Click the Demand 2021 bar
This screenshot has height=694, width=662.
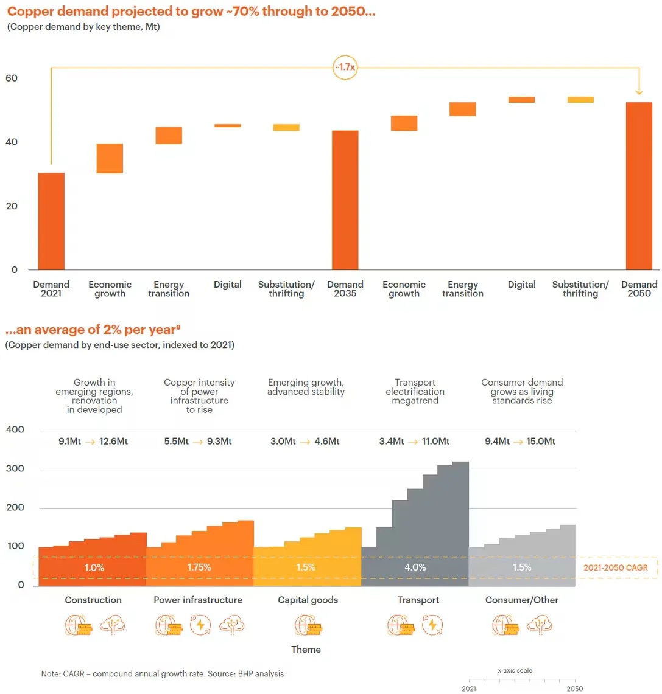[x=51, y=221]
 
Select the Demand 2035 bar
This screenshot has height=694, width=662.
[x=345, y=200]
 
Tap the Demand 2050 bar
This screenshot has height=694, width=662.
[x=639, y=186]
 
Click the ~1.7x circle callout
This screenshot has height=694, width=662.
[x=345, y=68]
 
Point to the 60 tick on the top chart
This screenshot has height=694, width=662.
[x=12, y=78]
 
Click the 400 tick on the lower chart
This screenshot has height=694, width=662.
[x=15, y=429]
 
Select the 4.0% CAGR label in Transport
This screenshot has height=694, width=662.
[x=415, y=567]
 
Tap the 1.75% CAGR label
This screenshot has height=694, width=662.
[x=199, y=567]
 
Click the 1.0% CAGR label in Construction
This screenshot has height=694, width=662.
[x=94, y=567]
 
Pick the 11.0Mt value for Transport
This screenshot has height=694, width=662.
[x=435, y=441]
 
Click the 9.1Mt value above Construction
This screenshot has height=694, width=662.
[x=69, y=441]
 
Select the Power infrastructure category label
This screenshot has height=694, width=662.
[x=198, y=600]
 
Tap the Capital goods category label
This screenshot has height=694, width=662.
[x=308, y=600]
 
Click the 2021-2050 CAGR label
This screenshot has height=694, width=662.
[x=616, y=567]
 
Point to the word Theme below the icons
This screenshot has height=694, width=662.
[x=306, y=650]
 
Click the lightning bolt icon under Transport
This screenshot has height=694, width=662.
[x=432, y=625]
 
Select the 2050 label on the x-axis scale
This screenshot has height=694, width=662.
[x=575, y=689]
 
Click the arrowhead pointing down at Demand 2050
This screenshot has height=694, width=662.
[x=639, y=92]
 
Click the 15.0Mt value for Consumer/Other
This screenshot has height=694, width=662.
[x=541, y=441]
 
